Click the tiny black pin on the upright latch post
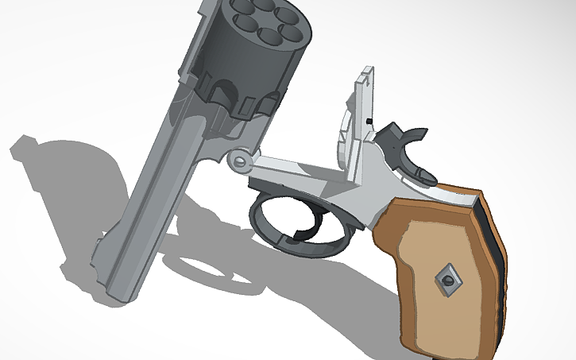tap(369, 120)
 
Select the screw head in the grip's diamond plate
tap(446, 278)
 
